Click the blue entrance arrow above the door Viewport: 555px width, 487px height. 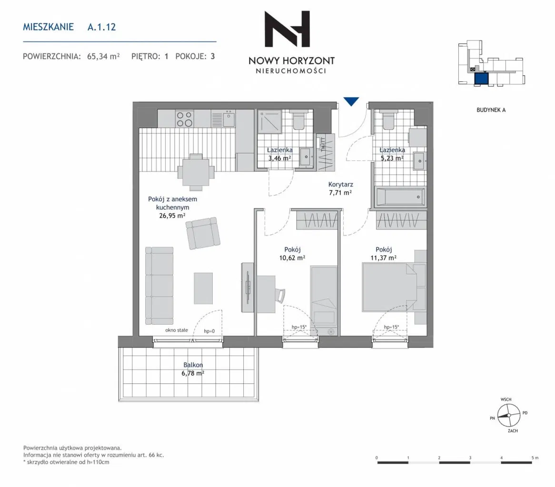tap(351, 101)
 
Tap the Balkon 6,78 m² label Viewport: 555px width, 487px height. tap(193, 369)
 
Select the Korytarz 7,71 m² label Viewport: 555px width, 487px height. tap(340, 189)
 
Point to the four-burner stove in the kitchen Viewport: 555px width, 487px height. tap(184, 119)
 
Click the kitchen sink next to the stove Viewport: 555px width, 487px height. tap(228, 119)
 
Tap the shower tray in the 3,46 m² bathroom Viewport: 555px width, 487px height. tap(269, 122)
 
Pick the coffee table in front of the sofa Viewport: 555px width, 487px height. tap(203, 288)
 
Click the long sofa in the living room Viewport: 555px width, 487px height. tap(159, 286)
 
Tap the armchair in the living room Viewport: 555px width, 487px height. tap(203, 233)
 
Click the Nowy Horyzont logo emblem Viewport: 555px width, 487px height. tap(287, 29)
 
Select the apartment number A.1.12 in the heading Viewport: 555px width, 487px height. tap(101, 27)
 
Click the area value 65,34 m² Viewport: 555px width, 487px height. tap(103, 56)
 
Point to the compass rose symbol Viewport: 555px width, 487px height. tap(509, 415)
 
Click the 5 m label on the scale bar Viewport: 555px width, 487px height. tap(535, 457)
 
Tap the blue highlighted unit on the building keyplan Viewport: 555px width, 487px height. tap(481, 79)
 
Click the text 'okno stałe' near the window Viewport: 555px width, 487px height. tap(177, 330)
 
